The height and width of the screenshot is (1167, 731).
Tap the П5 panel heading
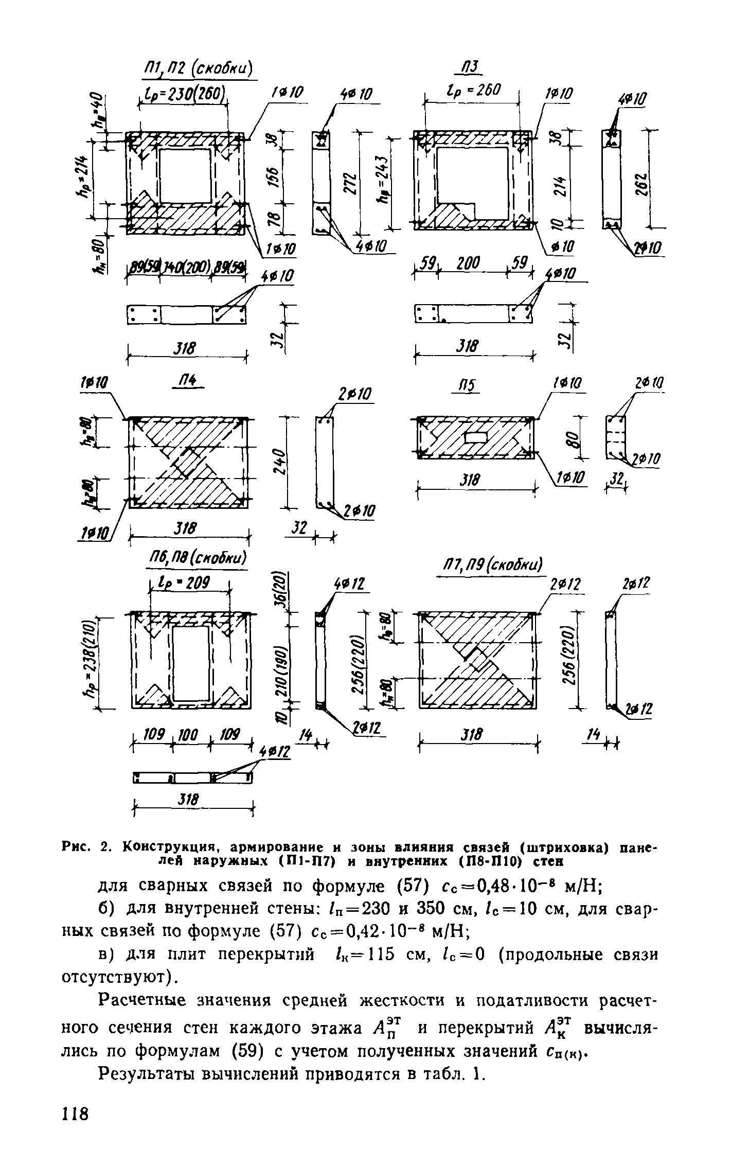tap(468, 386)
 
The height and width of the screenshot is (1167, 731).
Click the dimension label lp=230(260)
tap(184, 95)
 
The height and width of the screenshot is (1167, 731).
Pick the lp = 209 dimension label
tap(189, 584)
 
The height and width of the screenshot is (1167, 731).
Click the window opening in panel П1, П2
tap(185, 175)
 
